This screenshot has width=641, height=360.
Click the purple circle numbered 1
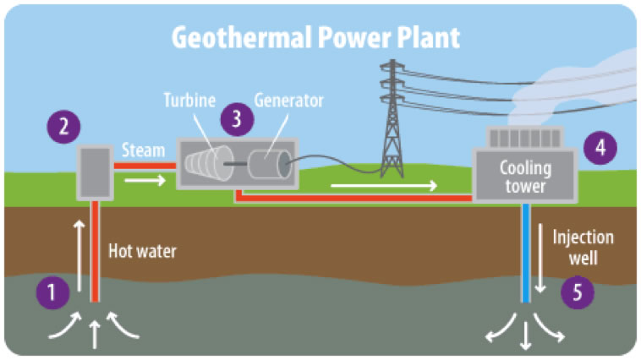pos(52,292)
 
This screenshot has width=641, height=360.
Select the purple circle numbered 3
pos(238,119)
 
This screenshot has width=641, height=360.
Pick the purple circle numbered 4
pos(600,147)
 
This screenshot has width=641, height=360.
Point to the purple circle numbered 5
pos(578,292)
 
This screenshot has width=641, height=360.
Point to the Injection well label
pos(583,248)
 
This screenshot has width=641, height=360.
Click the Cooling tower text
pos(524,177)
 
